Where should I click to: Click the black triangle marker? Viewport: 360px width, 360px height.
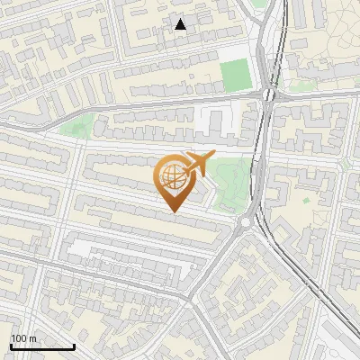181,24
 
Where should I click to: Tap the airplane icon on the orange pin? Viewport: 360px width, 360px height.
197,163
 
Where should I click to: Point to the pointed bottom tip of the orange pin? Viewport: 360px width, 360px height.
172,212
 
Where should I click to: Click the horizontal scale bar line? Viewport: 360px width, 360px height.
42,347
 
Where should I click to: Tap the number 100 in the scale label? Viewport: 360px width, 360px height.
20,338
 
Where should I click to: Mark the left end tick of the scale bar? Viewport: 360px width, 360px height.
11,346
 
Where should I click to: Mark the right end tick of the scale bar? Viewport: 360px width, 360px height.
74,346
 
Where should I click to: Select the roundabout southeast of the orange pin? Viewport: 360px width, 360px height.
245,223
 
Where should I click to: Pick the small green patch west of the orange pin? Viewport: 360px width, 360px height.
79,126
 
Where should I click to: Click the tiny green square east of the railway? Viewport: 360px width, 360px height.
306,200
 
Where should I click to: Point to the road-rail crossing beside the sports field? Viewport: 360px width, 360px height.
268,94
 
